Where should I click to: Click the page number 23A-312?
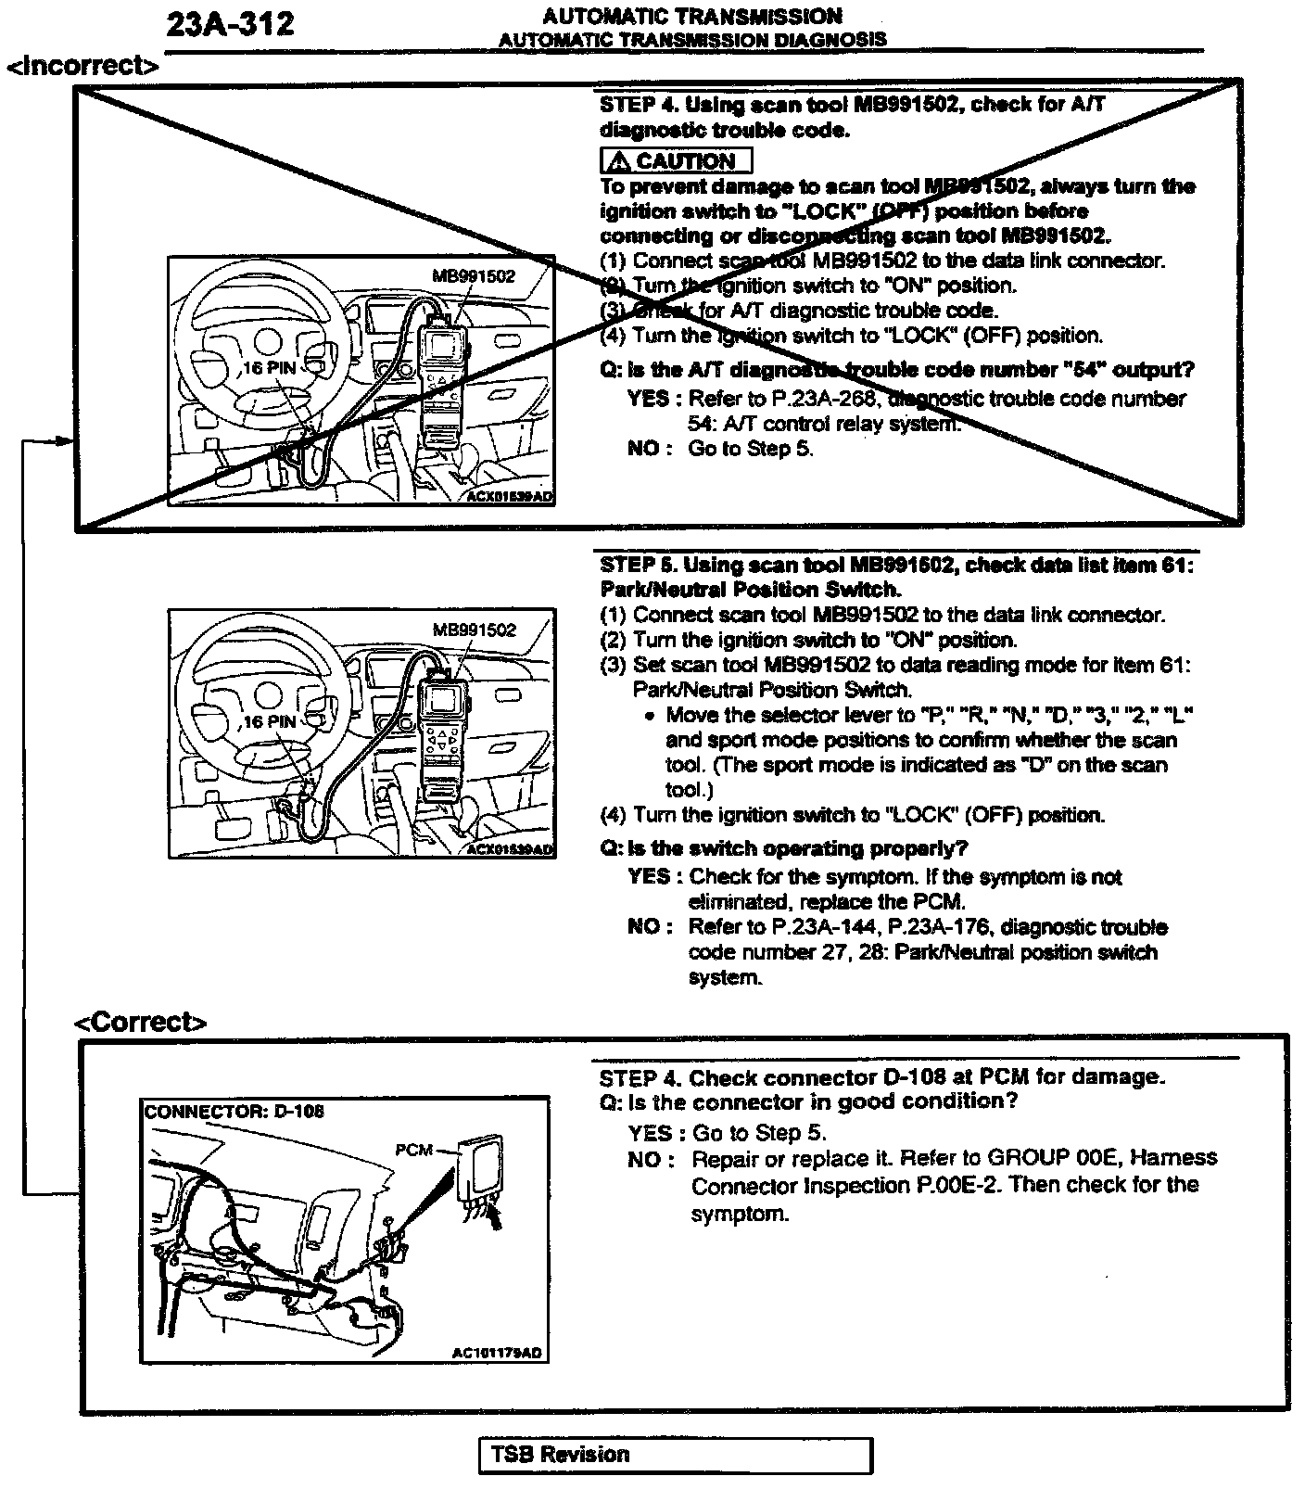click(230, 24)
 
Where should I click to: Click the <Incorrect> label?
click(82, 66)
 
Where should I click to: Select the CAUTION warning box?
click(675, 160)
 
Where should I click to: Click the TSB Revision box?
click(676, 1454)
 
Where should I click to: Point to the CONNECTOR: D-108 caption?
click(234, 1111)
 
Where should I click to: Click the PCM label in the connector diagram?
click(413, 1150)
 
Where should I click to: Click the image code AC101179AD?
click(496, 1353)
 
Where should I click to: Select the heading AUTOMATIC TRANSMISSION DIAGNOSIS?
click(691, 40)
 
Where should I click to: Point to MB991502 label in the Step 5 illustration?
click(474, 630)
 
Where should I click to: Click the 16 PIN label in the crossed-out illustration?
click(269, 368)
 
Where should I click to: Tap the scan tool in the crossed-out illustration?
click(447, 380)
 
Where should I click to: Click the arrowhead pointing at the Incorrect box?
click(65, 440)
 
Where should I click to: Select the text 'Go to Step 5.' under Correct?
click(758, 1133)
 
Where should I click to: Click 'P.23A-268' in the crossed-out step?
click(814, 399)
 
